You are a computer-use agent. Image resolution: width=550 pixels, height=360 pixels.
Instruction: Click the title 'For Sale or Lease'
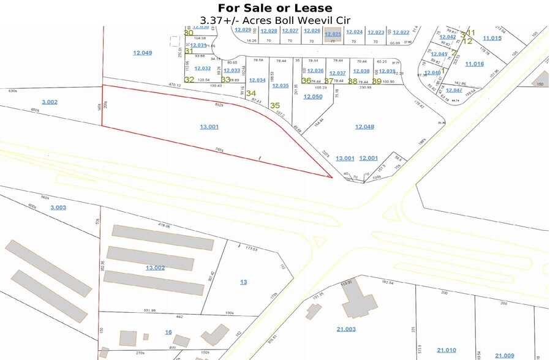(275, 8)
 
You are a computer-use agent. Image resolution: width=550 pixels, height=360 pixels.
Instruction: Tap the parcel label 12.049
(142, 53)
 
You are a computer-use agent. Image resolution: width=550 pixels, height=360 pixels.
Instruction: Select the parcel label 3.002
(49, 102)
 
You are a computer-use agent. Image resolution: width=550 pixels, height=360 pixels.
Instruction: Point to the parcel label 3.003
(58, 208)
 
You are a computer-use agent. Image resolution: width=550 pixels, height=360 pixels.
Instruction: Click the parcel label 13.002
(156, 268)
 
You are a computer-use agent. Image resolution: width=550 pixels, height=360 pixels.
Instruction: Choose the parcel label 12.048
(364, 126)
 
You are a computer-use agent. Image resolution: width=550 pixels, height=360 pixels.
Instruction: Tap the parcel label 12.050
(313, 97)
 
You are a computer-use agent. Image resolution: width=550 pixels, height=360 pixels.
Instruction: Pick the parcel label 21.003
(346, 329)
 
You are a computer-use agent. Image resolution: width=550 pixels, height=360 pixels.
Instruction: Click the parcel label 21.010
(446, 350)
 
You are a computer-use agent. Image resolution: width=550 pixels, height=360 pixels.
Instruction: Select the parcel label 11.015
(492, 38)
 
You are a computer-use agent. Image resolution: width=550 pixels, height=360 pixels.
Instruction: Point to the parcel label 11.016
(474, 64)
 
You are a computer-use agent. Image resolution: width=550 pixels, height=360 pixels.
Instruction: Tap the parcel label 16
(168, 332)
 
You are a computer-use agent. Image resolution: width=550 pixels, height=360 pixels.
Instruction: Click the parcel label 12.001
(368, 158)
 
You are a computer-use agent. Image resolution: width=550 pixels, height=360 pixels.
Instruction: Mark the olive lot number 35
(275, 105)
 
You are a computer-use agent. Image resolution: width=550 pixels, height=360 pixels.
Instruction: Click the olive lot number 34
(251, 94)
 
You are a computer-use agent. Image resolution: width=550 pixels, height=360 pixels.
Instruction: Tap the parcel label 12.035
(280, 86)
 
